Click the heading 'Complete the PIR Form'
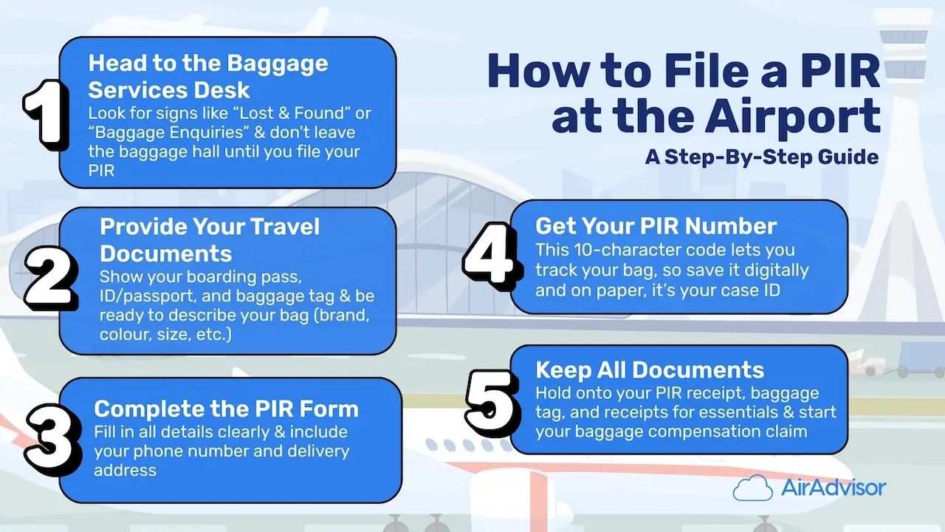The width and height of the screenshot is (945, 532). (226, 409)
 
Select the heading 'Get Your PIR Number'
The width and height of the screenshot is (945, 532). (656, 225)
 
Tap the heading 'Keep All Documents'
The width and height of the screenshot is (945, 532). (650, 369)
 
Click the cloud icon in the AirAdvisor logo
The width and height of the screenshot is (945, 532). (752, 488)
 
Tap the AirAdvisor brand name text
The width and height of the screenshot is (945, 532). (833, 488)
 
